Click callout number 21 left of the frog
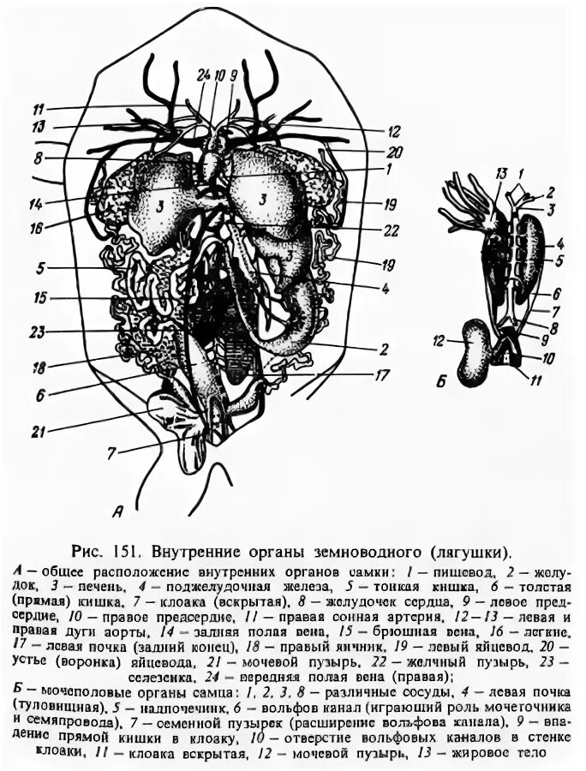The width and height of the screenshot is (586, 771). [x=37, y=431]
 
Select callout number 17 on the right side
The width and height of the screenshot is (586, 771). [x=381, y=374]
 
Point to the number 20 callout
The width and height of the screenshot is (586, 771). [x=393, y=151]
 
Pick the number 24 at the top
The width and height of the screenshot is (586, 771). [x=202, y=75]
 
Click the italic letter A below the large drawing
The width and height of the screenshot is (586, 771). [x=118, y=511]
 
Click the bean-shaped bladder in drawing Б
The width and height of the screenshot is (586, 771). [x=475, y=351]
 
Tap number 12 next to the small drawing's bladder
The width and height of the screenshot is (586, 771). [x=439, y=340]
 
